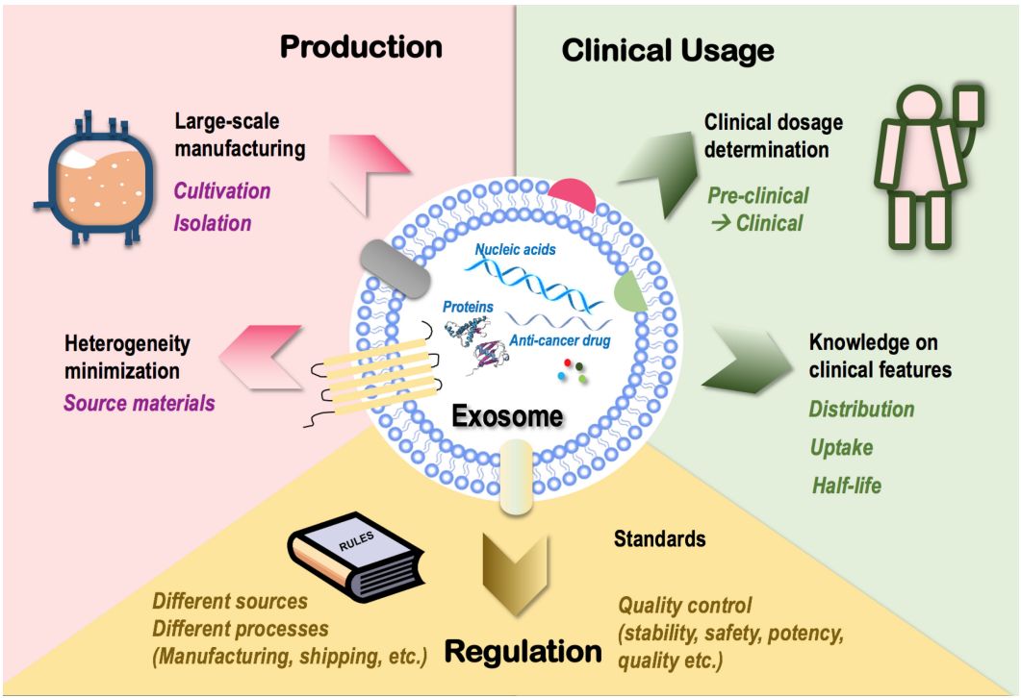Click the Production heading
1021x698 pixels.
(361, 47)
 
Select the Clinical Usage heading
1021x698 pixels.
(668, 50)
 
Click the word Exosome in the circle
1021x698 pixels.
(507, 418)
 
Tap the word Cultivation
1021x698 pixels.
(222, 190)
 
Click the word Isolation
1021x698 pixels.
(213, 223)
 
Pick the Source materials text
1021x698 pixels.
(140, 402)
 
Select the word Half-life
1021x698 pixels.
(845, 486)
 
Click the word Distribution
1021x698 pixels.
(861, 410)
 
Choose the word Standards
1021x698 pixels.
(659, 538)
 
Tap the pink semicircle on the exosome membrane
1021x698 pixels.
(575, 195)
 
